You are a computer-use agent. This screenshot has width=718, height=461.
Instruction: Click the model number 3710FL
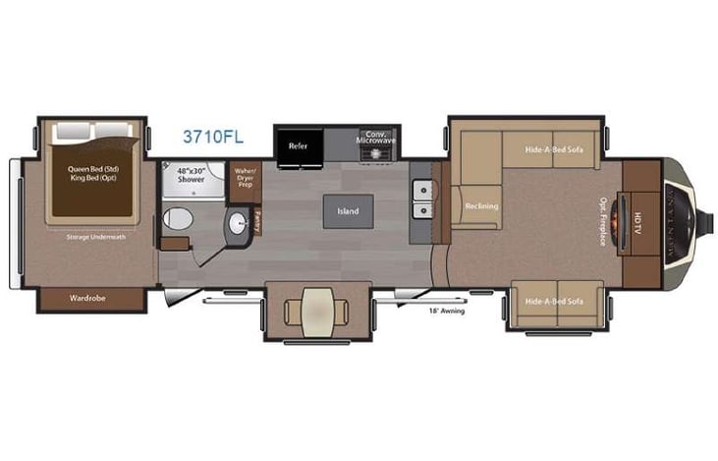pos(211,137)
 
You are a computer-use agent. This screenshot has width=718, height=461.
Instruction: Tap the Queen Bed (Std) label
pos(93,168)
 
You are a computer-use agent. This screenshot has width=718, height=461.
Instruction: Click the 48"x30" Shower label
pos(193,174)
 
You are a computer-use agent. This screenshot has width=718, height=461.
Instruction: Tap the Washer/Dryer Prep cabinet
pos(245,177)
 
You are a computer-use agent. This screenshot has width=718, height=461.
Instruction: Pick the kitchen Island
pos(348,210)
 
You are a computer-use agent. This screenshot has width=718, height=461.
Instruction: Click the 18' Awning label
pos(446,312)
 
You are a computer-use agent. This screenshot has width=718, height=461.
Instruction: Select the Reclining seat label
pos(481,205)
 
